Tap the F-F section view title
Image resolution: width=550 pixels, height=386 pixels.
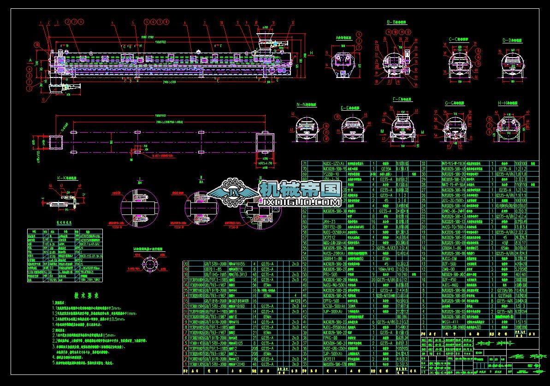402,99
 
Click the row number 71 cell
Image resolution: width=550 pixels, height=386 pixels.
305,163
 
